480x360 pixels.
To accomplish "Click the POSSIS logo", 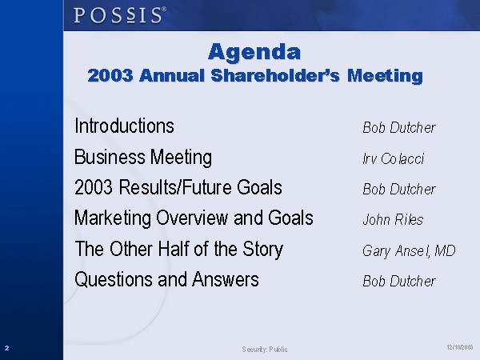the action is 120,15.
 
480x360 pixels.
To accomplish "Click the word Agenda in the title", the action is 254,52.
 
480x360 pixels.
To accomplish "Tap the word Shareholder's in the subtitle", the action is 275,75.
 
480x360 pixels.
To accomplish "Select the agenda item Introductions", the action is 124,126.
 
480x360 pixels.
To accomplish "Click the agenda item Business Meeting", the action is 143,158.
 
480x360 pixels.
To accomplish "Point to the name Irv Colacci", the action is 393,158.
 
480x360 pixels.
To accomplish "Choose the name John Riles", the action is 393,219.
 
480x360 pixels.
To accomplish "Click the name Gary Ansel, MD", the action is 409,251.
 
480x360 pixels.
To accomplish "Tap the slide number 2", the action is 6,348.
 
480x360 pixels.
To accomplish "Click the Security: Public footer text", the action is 265,350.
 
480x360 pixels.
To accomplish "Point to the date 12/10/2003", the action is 460,347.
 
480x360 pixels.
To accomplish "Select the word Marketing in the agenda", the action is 113,218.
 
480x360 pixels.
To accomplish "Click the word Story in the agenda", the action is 262,249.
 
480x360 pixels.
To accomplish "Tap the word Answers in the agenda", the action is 226,279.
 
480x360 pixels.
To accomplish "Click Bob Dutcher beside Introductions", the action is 399,127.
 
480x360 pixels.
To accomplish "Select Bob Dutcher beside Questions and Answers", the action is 399,281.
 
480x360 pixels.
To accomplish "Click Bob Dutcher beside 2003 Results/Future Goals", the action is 399,189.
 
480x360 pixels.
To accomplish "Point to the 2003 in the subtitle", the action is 110,75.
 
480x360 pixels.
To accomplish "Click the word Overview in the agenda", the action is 192,218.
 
